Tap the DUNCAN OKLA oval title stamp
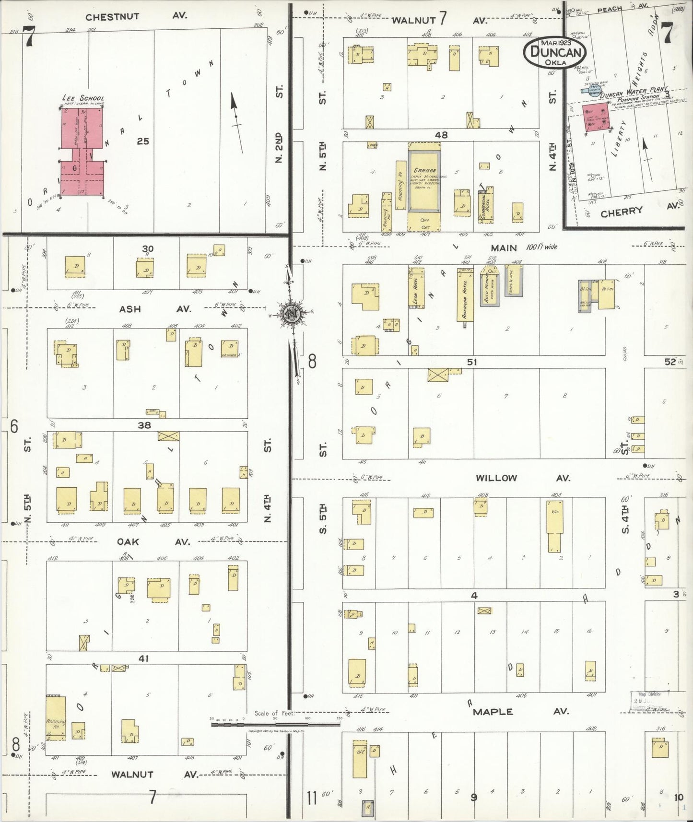pyautogui.click(x=555, y=52)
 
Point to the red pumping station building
pyautogui.click(x=595, y=118)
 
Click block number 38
pyautogui.click(x=144, y=425)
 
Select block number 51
pyautogui.click(x=472, y=362)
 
